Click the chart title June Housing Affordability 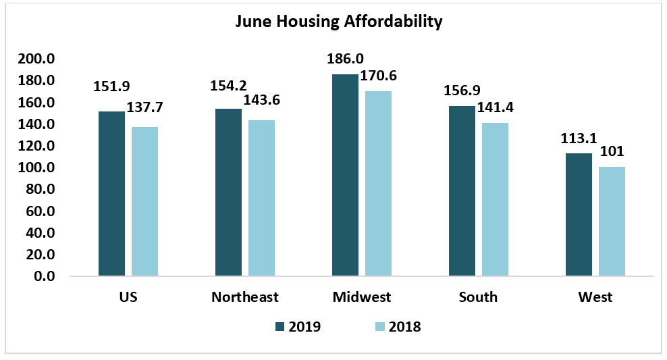tap(338, 22)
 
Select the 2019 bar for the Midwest tap(345, 175)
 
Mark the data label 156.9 tap(462, 91)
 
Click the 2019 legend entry tap(298, 327)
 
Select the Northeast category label tap(245, 297)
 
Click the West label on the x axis tap(595, 297)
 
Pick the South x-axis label tap(478, 297)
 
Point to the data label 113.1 tap(578, 138)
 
